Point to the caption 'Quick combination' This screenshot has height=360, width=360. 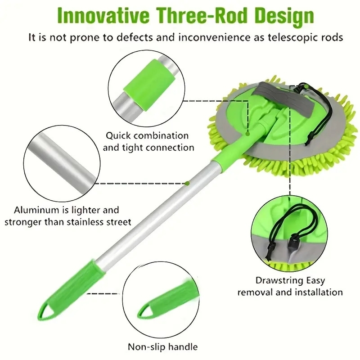(147, 135)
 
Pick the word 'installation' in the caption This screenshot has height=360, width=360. (318, 292)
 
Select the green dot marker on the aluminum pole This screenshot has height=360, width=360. (187, 183)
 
